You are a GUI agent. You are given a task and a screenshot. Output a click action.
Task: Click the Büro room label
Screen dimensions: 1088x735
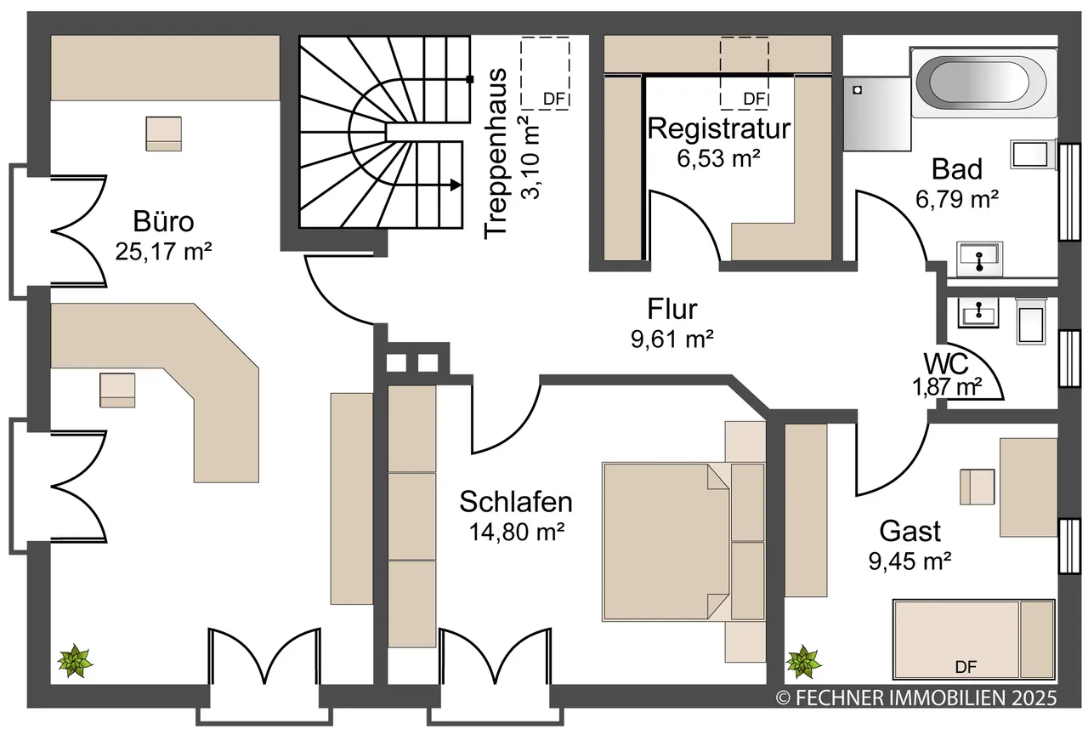pos(164,222)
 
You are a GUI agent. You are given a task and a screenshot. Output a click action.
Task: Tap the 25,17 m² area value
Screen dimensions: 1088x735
pos(164,252)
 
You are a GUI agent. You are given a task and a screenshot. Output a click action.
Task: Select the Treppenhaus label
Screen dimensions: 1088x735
pos(496,154)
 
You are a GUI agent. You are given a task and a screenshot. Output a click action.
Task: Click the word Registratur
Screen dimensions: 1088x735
pos(719,128)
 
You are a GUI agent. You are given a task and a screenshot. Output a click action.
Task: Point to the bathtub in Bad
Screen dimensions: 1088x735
pos(984,83)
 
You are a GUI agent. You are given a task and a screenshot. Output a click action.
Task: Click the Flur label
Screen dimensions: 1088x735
pos(672,309)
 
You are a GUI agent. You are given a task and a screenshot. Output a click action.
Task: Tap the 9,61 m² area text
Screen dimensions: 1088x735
pos(672,339)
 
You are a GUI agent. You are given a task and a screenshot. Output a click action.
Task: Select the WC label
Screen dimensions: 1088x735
pos(946,362)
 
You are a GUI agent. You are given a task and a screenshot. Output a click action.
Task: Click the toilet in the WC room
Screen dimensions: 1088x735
pos(1032,322)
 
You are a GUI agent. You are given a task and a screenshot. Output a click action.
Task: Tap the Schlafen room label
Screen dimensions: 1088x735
pos(516,502)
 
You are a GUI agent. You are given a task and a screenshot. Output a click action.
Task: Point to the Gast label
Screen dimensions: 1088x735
pos(909,531)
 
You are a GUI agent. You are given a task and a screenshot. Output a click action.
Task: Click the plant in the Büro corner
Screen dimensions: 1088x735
pos(75,661)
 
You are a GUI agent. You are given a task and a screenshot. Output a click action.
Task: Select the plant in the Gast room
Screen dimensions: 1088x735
pos(804,662)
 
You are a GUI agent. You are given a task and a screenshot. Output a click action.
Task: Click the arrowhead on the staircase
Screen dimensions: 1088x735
pos(455,185)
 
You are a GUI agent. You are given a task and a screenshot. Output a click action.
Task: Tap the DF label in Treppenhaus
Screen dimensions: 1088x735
pos(554,100)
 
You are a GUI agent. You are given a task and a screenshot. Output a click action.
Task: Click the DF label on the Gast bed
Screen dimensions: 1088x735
pos(966,667)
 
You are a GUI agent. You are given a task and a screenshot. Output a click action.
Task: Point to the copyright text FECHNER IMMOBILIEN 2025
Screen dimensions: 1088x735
pos(916,698)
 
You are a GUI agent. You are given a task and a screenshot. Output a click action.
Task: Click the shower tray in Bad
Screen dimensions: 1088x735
pos(876,113)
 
